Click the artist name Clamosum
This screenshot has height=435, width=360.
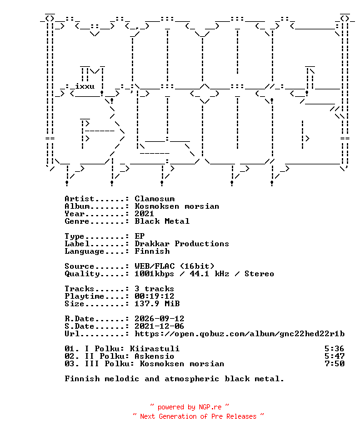154,199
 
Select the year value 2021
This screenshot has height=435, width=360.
144,214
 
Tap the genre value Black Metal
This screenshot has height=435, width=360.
162,221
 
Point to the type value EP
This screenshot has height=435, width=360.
139,236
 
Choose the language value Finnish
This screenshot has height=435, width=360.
152,251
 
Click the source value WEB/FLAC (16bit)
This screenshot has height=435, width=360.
174,266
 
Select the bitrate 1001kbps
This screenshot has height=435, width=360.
154,274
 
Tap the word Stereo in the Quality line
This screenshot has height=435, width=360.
259,274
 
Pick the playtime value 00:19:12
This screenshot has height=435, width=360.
154,296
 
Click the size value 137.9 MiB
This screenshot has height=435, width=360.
157,304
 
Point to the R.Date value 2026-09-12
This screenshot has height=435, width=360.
159,319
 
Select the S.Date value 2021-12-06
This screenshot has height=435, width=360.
159,326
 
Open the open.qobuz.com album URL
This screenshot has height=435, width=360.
239,334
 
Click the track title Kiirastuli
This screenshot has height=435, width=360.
154,349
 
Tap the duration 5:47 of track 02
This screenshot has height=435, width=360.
334,356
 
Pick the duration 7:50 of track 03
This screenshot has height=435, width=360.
334,364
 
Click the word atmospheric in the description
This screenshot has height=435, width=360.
192,379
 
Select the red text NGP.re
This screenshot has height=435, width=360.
210,407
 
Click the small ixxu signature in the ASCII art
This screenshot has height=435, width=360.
84,86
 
